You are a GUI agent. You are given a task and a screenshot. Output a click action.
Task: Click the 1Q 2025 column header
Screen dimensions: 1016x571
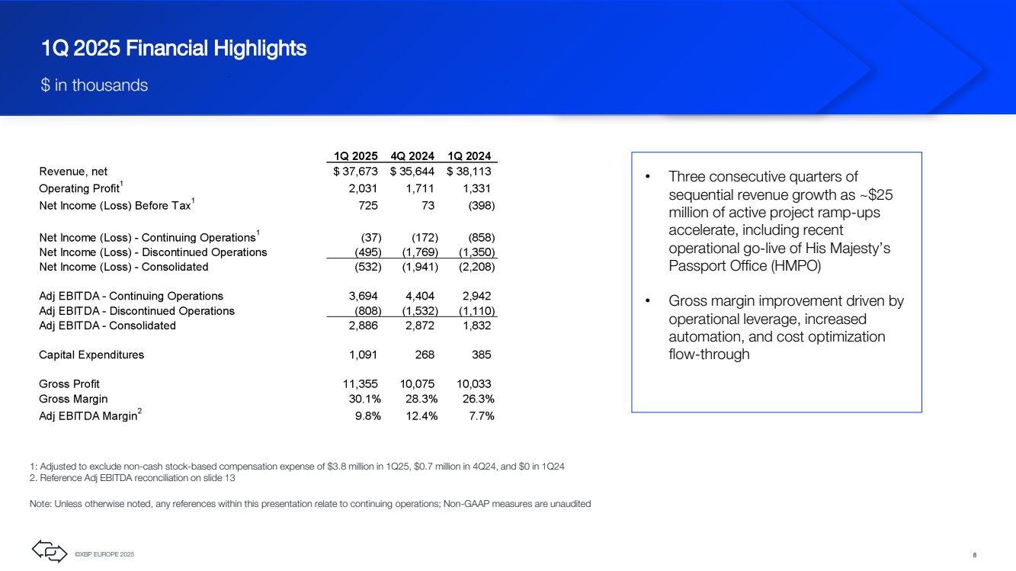(356, 156)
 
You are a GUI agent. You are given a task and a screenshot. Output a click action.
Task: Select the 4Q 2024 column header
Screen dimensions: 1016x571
(412, 156)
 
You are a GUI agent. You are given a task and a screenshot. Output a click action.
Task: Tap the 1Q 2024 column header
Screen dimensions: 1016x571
(469, 156)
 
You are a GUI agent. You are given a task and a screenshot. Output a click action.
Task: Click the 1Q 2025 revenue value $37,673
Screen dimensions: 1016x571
(355, 172)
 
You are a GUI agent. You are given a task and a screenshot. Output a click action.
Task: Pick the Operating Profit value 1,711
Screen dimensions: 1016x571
(419, 188)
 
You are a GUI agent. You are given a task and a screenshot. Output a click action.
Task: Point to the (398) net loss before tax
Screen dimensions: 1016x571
(481, 205)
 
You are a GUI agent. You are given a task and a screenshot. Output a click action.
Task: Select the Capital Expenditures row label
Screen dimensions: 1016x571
(91, 354)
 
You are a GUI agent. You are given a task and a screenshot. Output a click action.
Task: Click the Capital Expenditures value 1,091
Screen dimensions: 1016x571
(363, 354)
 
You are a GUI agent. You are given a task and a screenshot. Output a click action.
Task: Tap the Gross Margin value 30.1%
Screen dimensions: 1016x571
(364, 399)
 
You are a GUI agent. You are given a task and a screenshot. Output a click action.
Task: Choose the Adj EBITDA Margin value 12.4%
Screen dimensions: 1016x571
(421, 416)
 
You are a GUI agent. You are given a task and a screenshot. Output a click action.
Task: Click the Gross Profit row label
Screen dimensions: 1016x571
(69, 384)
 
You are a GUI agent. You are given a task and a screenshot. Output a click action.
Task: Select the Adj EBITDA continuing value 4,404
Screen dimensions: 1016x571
(419, 296)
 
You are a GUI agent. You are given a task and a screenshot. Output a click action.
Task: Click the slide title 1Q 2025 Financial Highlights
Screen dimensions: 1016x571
(174, 48)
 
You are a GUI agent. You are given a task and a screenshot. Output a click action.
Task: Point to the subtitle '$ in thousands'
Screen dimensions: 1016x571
(95, 85)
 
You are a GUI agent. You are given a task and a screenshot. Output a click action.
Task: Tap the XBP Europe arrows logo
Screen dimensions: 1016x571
(50, 551)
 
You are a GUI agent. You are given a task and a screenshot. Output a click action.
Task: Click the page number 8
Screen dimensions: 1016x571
(975, 555)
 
